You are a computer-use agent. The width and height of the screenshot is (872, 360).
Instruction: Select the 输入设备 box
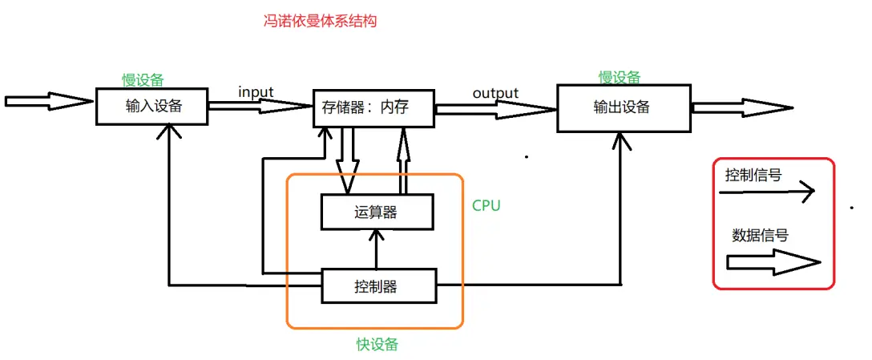click(x=152, y=107)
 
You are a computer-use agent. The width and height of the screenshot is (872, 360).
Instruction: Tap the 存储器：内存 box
click(x=373, y=107)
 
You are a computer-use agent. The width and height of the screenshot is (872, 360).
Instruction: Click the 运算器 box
click(x=377, y=212)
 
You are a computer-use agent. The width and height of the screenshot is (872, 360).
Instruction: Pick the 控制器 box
click(x=378, y=286)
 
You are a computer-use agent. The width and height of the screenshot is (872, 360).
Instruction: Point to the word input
click(x=256, y=92)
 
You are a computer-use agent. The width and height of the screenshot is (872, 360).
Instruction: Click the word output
click(x=495, y=93)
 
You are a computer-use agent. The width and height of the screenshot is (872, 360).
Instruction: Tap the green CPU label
click(x=486, y=206)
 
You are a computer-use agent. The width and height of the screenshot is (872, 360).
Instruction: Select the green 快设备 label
click(x=377, y=345)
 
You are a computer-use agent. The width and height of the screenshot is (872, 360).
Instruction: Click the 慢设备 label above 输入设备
click(x=143, y=79)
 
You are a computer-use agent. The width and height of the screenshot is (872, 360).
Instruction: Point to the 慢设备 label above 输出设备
click(x=620, y=77)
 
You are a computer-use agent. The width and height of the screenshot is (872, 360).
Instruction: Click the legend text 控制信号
click(x=753, y=175)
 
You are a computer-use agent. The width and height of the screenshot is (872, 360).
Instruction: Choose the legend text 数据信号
click(x=760, y=236)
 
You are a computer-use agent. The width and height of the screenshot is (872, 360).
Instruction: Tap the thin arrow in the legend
click(x=769, y=192)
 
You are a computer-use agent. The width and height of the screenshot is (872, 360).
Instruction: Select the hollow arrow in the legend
click(x=773, y=261)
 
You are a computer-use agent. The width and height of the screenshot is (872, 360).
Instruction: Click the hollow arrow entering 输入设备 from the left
click(x=48, y=102)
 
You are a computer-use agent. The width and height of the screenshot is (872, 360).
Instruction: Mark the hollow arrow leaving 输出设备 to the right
click(x=741, y=107)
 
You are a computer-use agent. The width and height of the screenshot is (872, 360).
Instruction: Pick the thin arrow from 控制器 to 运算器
click(x=375, y=249)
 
